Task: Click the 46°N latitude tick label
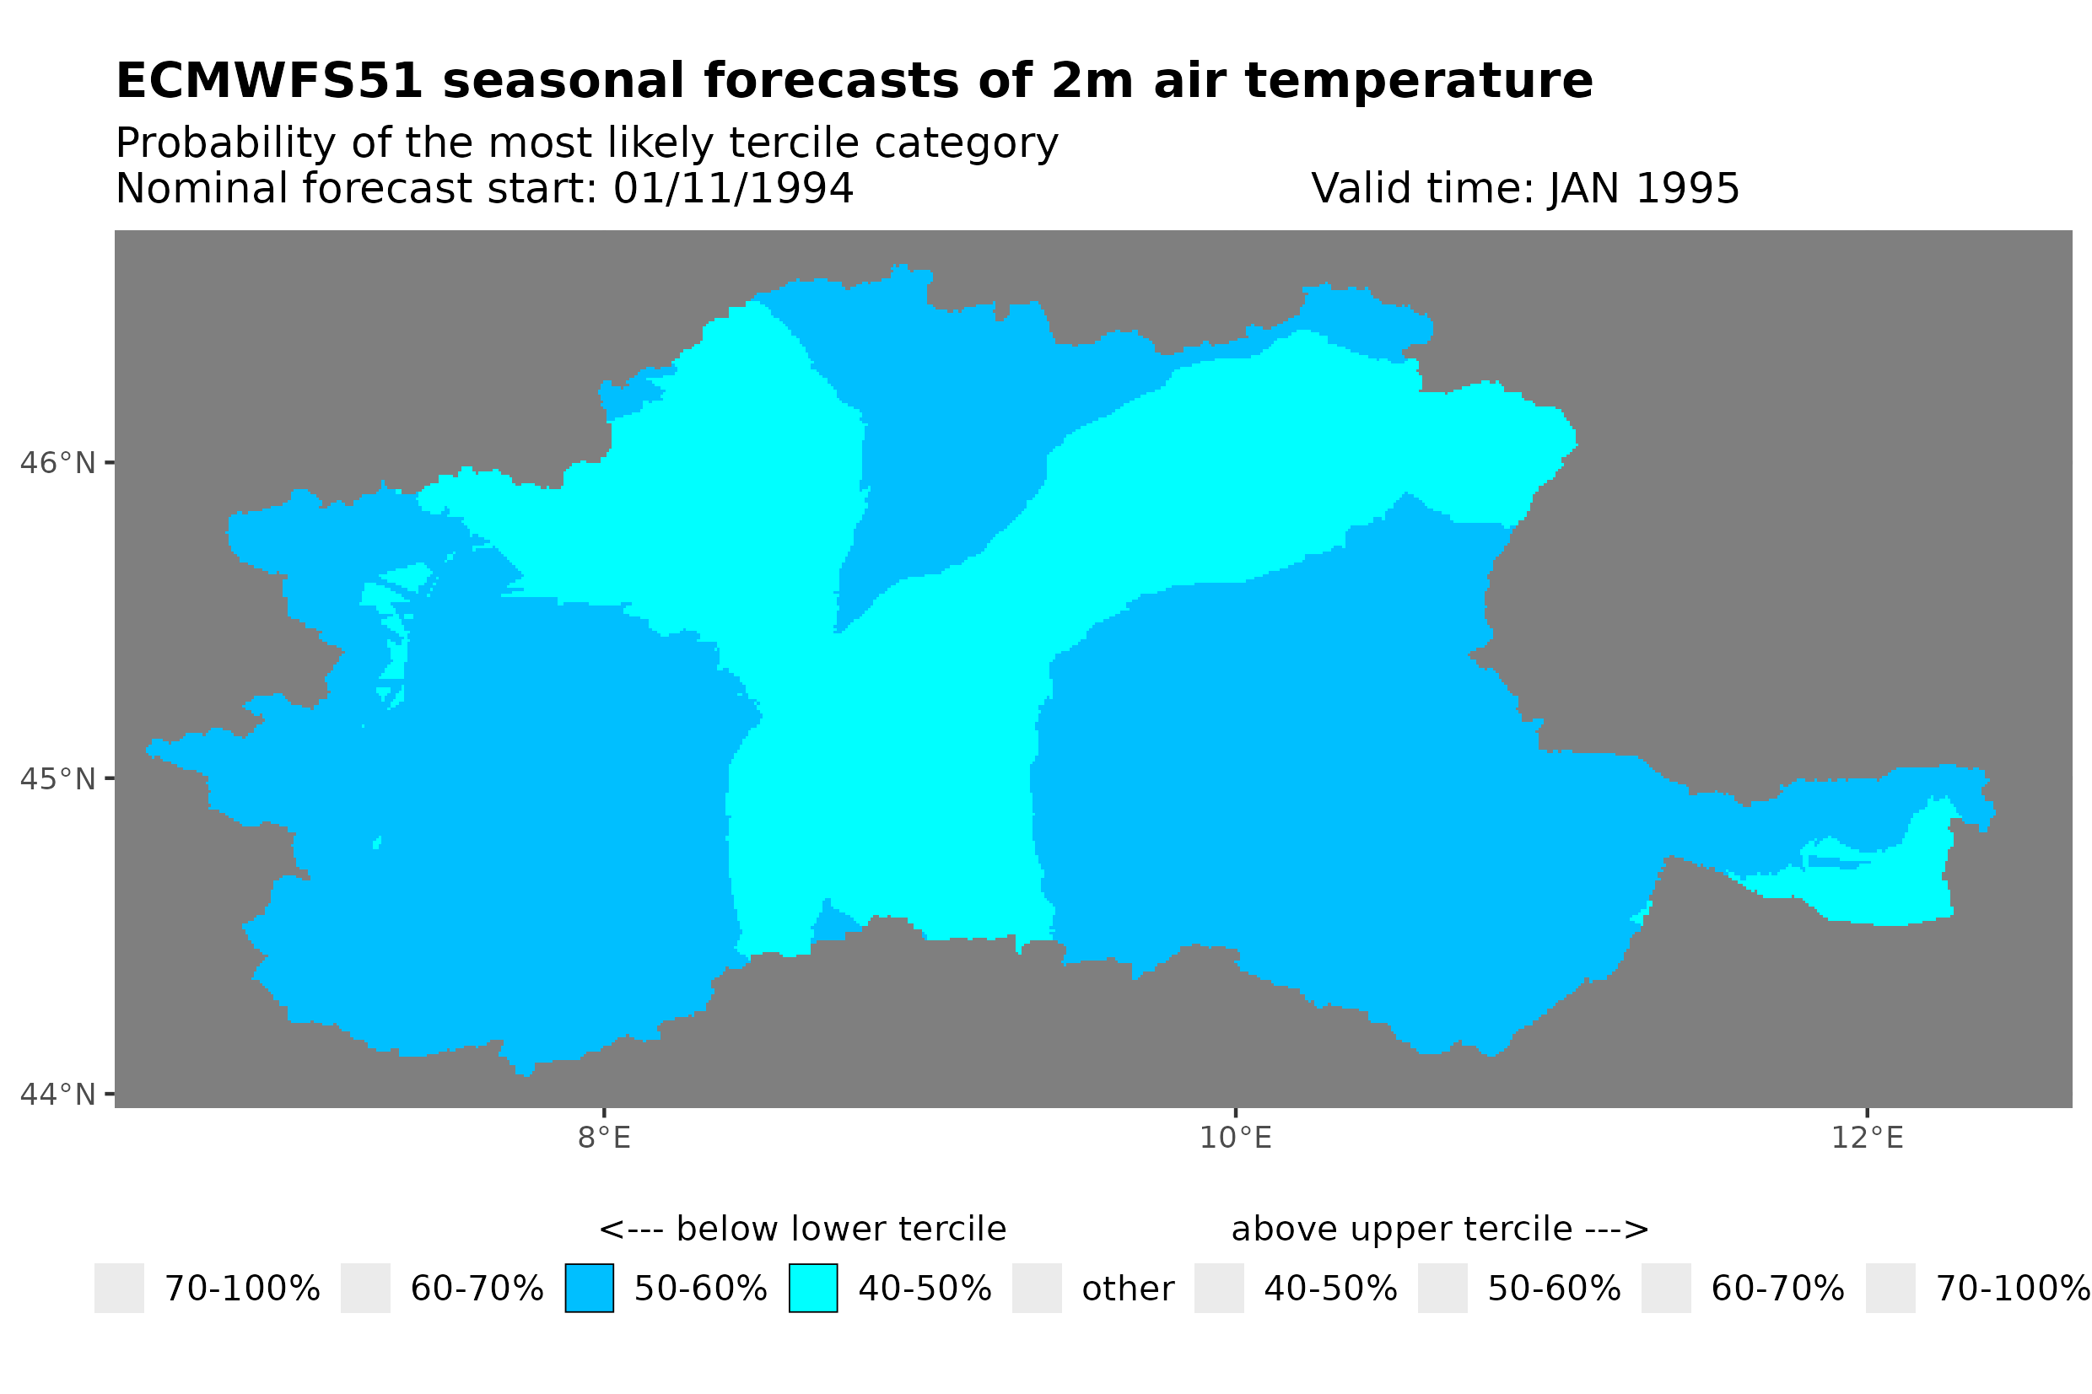(57, 463)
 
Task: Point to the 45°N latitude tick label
(57, 778)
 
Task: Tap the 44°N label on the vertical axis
(57, 1095)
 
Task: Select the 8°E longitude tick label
(604, 1138)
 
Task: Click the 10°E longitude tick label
(1235, 1138)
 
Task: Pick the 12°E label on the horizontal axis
(1867, 1138)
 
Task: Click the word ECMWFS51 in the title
(269, 81)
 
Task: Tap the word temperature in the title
(1418, 83)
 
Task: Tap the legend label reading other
(1127, 1289)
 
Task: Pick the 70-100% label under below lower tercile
(242, 1289)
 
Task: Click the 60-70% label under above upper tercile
(1777, 1289)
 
